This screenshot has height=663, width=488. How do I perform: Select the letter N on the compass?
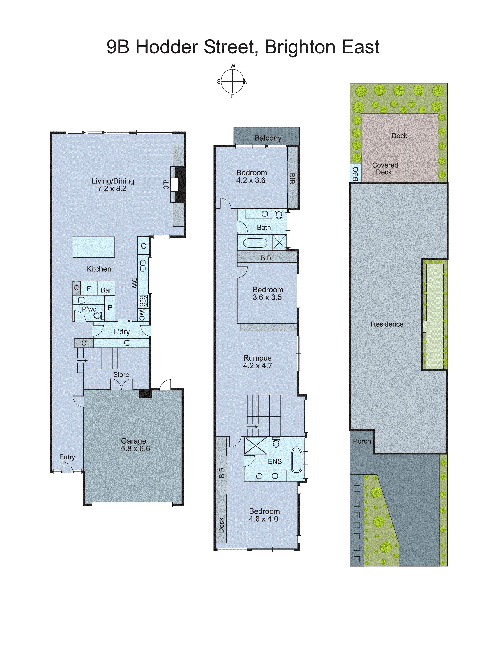(245, 82)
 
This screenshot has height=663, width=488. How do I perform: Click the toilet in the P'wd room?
(98, 315)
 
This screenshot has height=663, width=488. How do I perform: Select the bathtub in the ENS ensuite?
(297, 459)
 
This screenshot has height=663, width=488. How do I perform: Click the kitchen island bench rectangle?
(94, 247)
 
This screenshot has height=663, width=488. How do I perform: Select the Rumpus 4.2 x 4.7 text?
(257, 362)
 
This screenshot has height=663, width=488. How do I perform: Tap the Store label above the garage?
(121, 375)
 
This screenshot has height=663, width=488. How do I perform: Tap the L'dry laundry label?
(122, 332)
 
